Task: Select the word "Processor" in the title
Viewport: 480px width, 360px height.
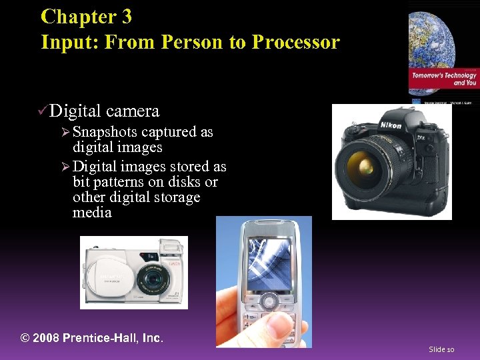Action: [296, 42]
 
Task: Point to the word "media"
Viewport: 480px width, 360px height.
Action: [92, 213]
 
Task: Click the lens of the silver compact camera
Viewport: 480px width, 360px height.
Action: [154, 279]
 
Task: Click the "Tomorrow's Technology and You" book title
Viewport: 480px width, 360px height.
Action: [444, 79]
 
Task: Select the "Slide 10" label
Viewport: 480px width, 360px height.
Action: [441, 349]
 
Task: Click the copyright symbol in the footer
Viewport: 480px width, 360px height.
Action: [25, 338]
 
